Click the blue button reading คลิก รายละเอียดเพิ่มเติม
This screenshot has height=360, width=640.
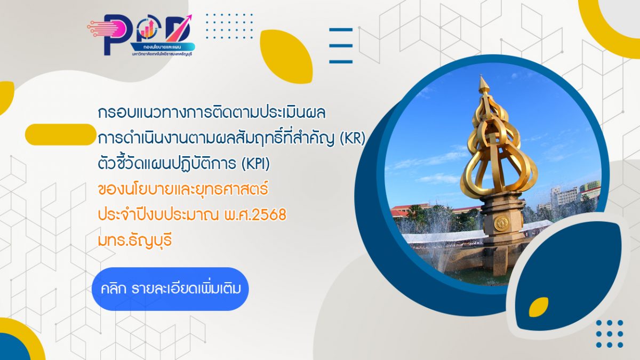click(x=170, y=289)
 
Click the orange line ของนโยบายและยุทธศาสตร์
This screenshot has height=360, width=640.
click(x=183, y=189)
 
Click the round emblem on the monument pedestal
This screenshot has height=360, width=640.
click(x=501, y=222)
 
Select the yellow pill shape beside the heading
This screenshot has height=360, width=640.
click(x=60, y=134)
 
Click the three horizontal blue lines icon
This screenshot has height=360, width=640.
click(x=341, y=46)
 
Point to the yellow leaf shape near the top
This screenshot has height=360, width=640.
click(x=287, y=56)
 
